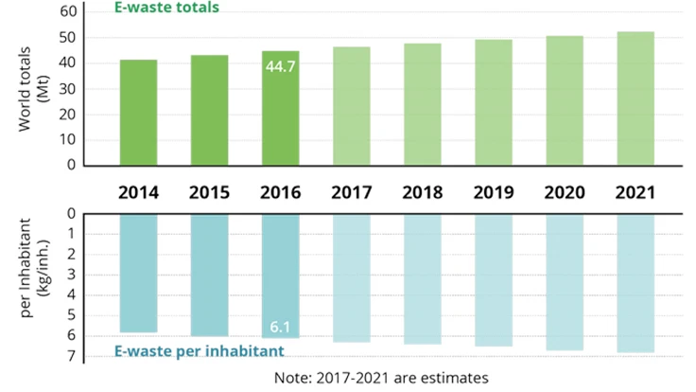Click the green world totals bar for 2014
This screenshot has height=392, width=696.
(x=138, y=112)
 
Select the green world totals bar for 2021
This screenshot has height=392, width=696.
(x=635, y=98)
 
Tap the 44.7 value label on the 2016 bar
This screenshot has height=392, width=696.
(x=281, y=68)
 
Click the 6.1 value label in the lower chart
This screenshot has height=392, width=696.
(x=281, y=327)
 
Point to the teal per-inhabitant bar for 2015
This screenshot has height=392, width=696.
(x=209, y=275)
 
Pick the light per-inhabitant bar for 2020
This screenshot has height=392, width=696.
(x=564, y=282)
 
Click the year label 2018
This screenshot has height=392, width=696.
(x=422, y=192)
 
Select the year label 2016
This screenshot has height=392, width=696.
(x=280, y=192)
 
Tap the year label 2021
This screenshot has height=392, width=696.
(x=635, y=192)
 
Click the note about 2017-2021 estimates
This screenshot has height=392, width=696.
(x=381, y=377)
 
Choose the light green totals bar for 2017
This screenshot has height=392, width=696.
(x=351, y=105)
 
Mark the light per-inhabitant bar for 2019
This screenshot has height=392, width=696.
(x=493, y=279)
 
